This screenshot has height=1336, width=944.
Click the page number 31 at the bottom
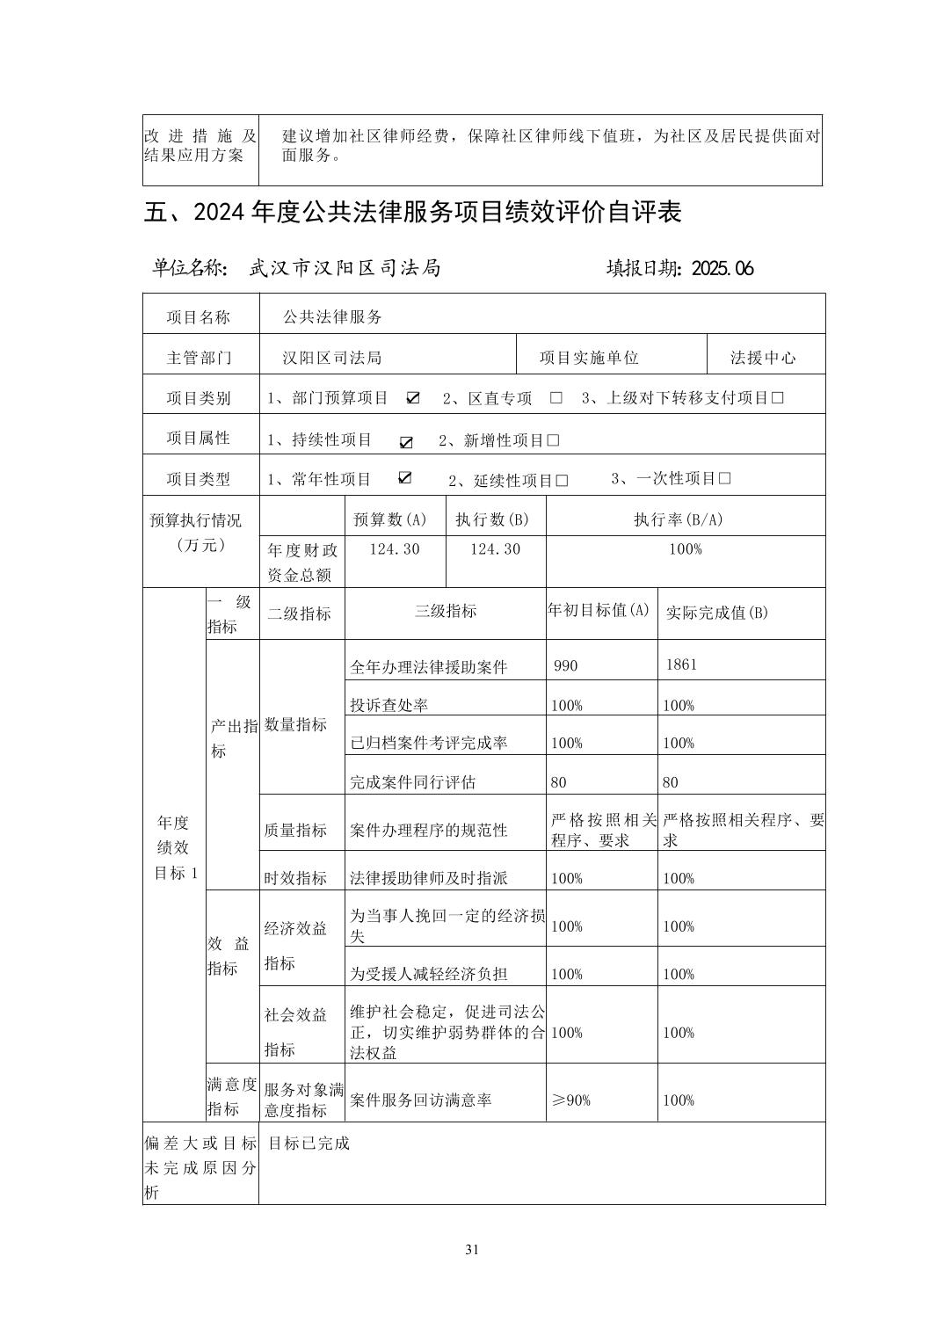pos(472,1250)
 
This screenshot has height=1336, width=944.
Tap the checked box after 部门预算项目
pos(412,398)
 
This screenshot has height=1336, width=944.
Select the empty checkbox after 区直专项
pos(556,398)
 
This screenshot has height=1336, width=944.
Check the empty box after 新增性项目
pos(553,440)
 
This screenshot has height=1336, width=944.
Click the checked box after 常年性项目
pos(404,478)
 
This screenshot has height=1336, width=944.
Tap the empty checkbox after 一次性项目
pos(724,479)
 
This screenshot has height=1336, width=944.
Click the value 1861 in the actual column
pos(681,664)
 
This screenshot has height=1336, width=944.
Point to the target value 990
pos(566,665)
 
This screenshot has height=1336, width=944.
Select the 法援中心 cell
pos(763,358)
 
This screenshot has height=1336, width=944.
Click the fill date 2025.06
pos(723,269)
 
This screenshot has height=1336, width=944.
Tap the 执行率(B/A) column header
pos(679,519)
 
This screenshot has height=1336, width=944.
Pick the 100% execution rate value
pos(685,549)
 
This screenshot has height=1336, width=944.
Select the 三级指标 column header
pos(446,612)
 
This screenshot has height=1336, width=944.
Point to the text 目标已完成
pos(309,1144)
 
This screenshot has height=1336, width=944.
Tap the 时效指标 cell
pos(295,878)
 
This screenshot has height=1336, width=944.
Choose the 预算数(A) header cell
pos(390,519)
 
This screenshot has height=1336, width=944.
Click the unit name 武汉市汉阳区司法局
pos(345,269)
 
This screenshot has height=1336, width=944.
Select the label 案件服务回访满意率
pos(421,1100)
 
